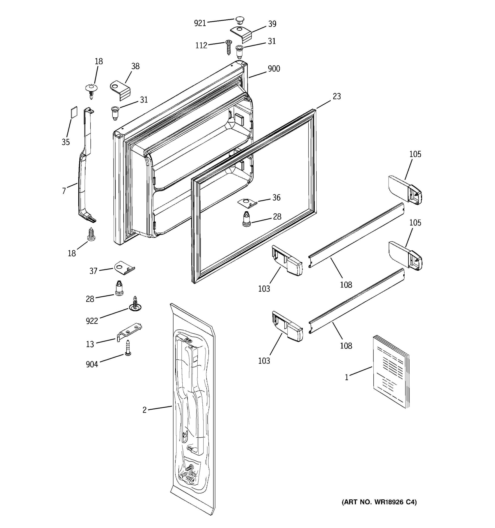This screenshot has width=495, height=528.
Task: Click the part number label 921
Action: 200,23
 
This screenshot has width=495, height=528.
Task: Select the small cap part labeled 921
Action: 239,21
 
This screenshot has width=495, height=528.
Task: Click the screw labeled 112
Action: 228,47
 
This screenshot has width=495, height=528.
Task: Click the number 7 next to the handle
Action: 64,191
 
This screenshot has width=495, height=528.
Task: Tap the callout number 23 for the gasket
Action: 336,96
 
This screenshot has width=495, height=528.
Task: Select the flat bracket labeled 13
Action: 130,332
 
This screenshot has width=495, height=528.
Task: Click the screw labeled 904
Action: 128,348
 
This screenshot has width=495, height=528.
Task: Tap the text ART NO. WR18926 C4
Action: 379,502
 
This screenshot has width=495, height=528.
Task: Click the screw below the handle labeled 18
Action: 91,235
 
